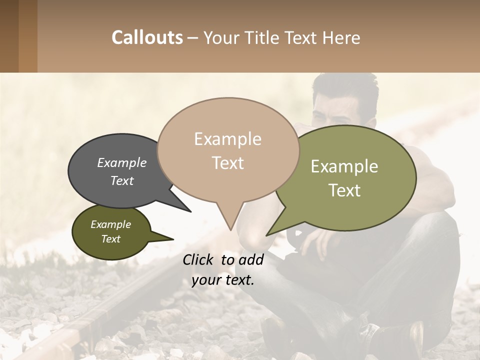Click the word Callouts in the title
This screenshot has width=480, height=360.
coord(147,37)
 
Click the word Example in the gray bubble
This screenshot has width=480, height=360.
coord(122,162)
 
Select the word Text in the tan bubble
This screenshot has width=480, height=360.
coord(228,163)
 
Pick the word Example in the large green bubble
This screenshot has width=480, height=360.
coord(344,166)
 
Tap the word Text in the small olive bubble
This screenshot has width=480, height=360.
coord(111,239)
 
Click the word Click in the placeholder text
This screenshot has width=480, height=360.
coord(199,259)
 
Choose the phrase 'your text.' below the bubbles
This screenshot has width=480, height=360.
coord(223,280)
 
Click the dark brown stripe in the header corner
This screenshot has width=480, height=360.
coord(9,36)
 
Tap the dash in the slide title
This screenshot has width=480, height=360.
coord(193,38)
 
